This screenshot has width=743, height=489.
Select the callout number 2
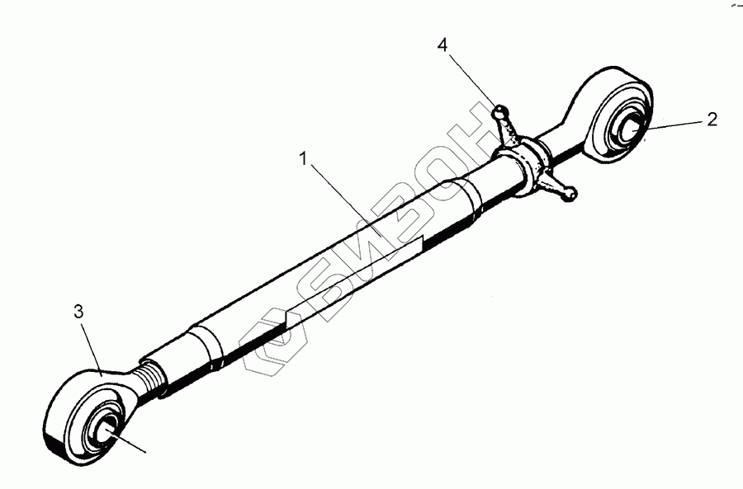tap(711, 119)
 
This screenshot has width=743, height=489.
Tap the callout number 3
tap(78, 312)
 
